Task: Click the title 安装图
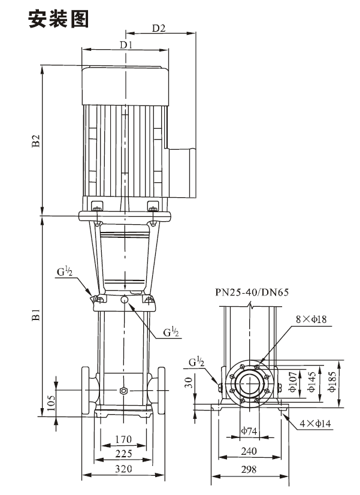point(58,19)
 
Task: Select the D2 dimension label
point(159,28)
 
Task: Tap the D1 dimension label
point(126,45)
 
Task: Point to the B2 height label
point(37,141)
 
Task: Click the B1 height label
point(37,315)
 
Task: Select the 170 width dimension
point(123,439)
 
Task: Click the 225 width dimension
point(123,454)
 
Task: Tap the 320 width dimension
point(123,469)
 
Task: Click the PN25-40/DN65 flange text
point(252,292)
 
